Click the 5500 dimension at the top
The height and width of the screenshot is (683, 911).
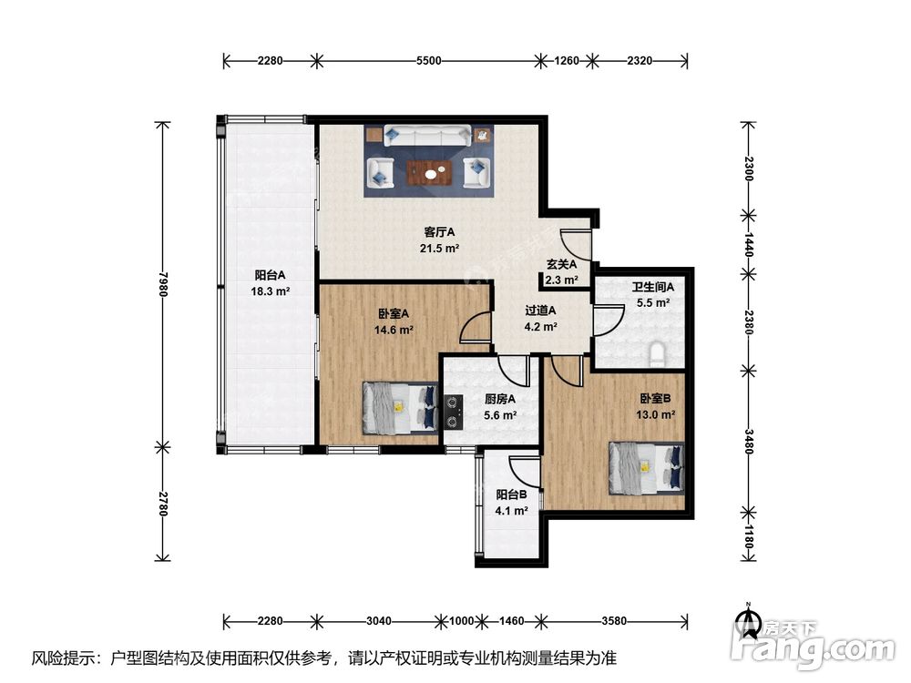pos(429,60)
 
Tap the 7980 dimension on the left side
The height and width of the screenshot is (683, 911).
pos(163,284)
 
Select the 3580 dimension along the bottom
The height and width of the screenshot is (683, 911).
pos(614,621)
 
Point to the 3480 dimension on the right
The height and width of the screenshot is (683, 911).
pos(749,442)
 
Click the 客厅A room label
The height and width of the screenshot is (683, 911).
pos(439,232)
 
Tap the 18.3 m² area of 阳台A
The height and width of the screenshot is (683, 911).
pos(271,291)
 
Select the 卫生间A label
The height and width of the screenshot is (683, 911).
pos(653,287)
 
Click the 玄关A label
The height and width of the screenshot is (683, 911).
pos(561,265)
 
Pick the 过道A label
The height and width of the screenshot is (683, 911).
pos(540,311)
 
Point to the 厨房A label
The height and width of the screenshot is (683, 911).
pos(499,399)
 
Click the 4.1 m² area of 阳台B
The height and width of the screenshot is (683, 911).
pos(511,511)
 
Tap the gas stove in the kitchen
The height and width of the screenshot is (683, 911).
pos(454,412)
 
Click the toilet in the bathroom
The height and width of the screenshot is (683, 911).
pos(657,353)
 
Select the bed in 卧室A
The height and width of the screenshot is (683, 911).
pos(400,408)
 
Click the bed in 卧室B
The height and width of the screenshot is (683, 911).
pos(646,468)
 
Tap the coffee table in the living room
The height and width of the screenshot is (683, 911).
pos(429,172)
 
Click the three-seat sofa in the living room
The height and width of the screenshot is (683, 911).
pos(429,136)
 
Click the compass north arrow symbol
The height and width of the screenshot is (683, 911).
pos(748,619)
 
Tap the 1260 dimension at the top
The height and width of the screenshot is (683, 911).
pos(567,60)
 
